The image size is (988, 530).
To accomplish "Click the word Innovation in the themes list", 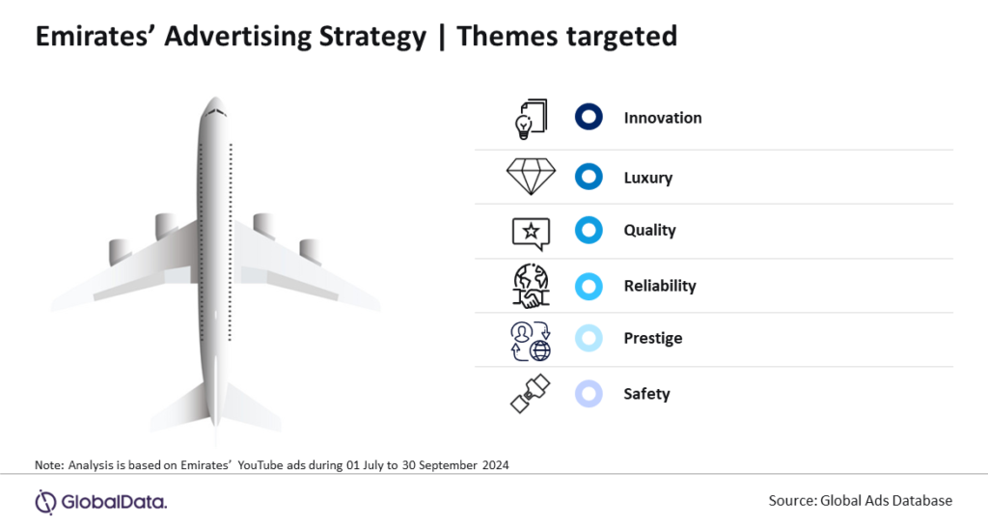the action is tap(662, 118).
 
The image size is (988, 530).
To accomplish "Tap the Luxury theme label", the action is tap(647, 178).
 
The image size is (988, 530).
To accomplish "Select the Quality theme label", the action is tap(649, 230).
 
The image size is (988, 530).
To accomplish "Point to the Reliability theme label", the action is tap(660, 286).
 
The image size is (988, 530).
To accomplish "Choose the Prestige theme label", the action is tap(653, 339).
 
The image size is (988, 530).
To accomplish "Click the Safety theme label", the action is tap(646, 394).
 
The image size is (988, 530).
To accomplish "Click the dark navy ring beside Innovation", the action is tap(589, 105).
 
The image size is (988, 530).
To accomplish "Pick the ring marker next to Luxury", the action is tap(589, 165).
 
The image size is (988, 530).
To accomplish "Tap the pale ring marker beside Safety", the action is tap(589, 382).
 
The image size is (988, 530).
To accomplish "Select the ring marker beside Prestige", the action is tap(589, 326).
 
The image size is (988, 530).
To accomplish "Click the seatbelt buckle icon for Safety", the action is tap(530, 394).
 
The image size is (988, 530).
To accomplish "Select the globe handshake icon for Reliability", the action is tap(531, 286).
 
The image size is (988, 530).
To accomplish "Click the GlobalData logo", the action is tap(100, 502).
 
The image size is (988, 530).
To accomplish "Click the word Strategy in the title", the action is tap(372, 37).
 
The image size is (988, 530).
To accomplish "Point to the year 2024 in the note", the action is tap(495, 465).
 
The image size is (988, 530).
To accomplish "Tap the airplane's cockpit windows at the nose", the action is tap(215, 113).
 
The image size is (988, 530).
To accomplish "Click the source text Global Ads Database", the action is tap(886, 500).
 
